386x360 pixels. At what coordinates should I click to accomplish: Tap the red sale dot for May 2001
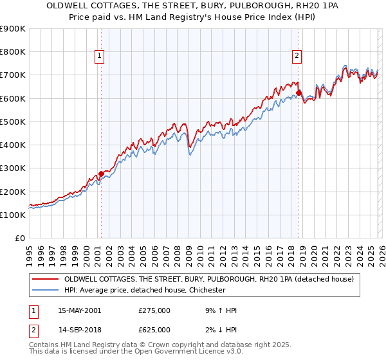tap(101, 174)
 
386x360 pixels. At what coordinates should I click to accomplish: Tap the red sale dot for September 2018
tap(299, 93)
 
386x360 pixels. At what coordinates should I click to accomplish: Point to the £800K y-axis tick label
tap(13, 51)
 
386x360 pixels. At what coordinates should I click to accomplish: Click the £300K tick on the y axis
tap(13, 168)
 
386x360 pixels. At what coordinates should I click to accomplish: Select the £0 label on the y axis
tap(21, 239)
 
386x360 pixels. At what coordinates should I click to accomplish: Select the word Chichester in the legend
tap(203, 291)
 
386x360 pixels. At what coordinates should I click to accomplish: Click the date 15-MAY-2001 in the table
tap(79, 310)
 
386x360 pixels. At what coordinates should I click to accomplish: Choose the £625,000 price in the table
tap(154, 329)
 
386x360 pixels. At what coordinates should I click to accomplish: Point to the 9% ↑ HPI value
tap(219, 310)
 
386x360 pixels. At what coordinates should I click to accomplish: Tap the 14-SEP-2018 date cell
tap(79, 329)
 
